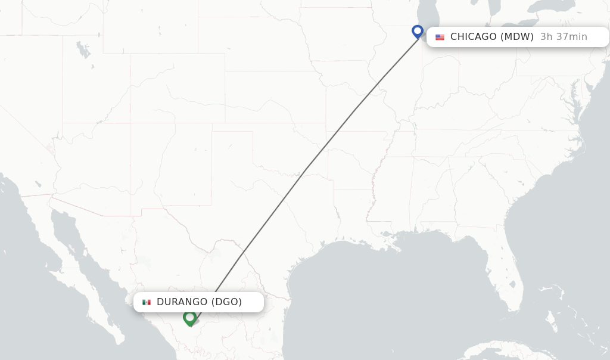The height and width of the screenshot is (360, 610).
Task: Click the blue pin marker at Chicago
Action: click(x=418, y=31)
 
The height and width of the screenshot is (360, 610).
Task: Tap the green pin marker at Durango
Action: click(x=189, y=318)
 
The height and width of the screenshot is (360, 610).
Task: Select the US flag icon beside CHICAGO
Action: click(x=440, y=37)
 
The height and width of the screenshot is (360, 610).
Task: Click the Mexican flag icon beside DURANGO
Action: click(x=147, y=302)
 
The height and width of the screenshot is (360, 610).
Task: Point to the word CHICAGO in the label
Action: click(x=473, y=37)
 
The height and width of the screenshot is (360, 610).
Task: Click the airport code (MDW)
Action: click(x=516, y=37)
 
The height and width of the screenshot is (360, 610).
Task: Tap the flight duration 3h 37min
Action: click(x=564, y=37)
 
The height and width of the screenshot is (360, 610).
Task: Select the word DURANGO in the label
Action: click(x=182, y=302)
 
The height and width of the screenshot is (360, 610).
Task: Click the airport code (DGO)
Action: click(x=226, y=302)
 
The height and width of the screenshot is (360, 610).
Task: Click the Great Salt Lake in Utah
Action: click(x=83, y=51)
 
